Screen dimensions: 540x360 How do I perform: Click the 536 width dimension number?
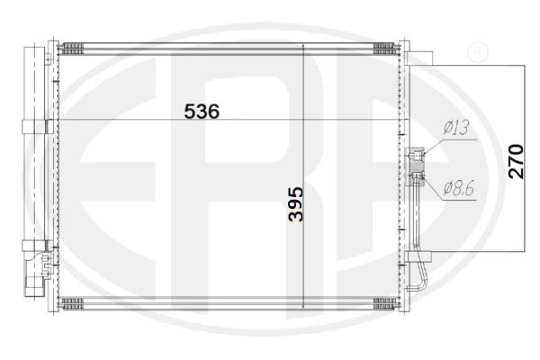[x=202, y=112]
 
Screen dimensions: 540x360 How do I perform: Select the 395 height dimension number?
[x=296, y=204]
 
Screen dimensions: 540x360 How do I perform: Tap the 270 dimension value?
[x=516, y=162]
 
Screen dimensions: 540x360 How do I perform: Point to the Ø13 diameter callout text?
[x=456, y=128]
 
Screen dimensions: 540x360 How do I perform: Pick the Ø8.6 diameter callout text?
[x=459, y=188]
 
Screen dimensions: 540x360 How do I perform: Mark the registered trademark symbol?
[x=477, y=51]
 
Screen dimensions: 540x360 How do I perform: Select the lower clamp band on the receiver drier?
[x=35, y=246]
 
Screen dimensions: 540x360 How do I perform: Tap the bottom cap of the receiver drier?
[x=34, y=285]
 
